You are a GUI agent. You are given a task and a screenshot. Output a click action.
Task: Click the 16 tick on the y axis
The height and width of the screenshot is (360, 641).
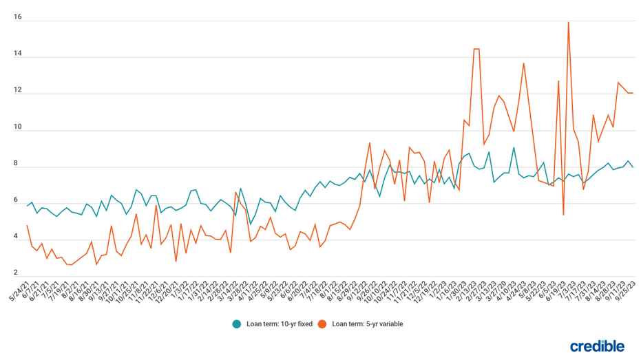tap(18, 17)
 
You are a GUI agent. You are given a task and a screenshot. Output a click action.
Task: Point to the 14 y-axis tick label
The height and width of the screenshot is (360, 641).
tap(18, 54)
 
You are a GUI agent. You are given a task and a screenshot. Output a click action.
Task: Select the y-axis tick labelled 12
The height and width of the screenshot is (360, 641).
tap(18, 90)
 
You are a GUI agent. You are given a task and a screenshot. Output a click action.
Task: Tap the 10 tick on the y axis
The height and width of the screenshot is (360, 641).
tap(18, 127)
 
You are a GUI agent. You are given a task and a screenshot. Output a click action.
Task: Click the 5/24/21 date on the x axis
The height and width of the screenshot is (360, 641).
tap(20, 290)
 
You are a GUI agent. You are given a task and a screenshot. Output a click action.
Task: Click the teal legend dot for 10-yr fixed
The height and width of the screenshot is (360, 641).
tap(237, 324)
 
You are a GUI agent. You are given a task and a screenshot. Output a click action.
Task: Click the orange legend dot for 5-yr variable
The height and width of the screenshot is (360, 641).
tap(322, 324)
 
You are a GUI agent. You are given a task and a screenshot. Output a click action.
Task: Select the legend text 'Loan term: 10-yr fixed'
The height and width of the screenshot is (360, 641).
tap(279, 324)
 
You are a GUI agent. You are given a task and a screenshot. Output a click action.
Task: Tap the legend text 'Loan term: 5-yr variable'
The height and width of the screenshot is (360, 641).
tap(367, 324)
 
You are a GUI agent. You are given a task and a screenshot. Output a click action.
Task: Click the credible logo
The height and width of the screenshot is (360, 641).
tap(597, 346)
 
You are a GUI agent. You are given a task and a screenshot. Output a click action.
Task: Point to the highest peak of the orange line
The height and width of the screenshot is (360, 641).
tap(568, 22)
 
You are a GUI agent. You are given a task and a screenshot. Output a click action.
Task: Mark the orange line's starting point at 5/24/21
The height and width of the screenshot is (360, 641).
tap(28, 225)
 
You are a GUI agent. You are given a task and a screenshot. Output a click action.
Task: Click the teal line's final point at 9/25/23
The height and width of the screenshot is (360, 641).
tap(633, 167)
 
